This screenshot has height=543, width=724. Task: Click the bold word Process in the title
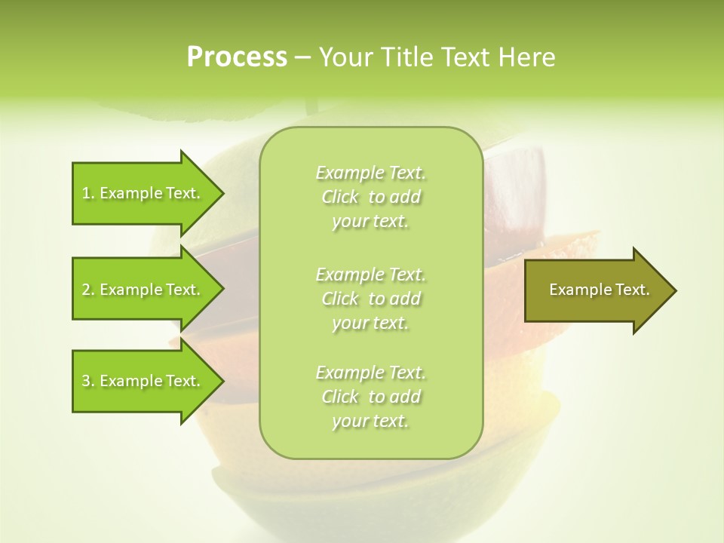point(237,57)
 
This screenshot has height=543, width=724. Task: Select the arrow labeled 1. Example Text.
point(143,193)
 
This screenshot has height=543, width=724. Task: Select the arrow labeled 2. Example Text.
point(143,290)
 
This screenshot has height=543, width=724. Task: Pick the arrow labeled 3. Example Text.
point(143,381)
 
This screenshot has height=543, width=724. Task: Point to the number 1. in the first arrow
point(88,194)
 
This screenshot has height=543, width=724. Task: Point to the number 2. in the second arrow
point(88,290)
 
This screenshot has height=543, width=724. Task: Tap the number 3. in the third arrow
point(88,382)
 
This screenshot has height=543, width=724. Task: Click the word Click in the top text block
point(340,198)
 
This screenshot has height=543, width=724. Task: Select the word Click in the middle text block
point(340,299)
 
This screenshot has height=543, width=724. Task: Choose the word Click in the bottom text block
point(340,397)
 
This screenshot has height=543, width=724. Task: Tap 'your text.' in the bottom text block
point(370,422)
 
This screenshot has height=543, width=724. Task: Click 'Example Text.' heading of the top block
point(370,173)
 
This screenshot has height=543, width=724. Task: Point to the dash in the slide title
point(303,58)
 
